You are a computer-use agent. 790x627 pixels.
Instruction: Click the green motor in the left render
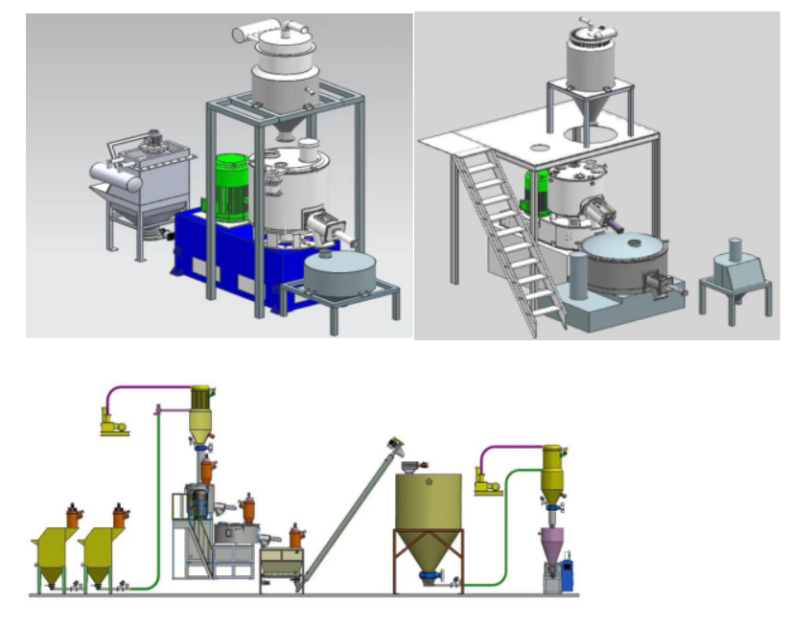(231, 186)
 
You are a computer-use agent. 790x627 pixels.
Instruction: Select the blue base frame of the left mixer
(230, 265)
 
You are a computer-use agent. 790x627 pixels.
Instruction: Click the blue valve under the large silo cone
(430, 575)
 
